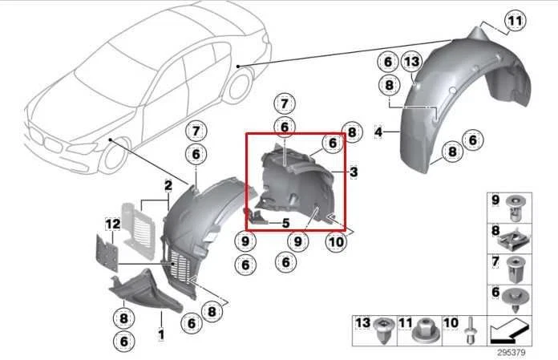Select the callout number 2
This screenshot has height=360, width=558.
point(168,185)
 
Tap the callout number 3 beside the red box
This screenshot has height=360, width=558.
point(353,172)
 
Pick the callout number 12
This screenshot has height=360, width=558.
point(111,222)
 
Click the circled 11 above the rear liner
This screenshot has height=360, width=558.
point(514,21)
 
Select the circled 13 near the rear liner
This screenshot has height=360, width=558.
point(411,63)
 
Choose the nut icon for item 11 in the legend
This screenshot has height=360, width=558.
point(419,329)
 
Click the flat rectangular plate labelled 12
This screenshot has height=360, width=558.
point(104,252)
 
